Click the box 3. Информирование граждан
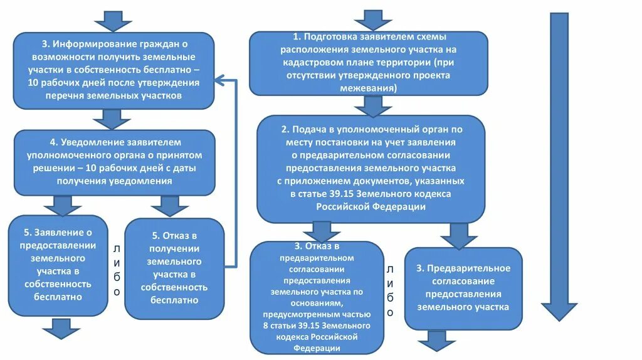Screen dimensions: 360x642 click(x=113, y=70)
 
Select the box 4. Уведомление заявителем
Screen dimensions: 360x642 click(x=114, y=162)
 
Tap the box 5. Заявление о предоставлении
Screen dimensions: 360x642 click(x=58, y=266)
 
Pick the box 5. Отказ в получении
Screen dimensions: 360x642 click(x=174, y=268)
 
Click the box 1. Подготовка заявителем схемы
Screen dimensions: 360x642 click(x=368, y=63)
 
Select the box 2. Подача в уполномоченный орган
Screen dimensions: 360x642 click(x=371, y=168)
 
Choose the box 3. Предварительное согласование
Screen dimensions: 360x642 click(x=463, y=288)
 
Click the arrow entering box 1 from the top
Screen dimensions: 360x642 click(x=373, y=19)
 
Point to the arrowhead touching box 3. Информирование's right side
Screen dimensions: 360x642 click(x=219, y=80)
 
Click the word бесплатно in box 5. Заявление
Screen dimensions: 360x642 click(x=58, y=297)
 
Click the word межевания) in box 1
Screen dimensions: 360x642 click(x=368, y=89)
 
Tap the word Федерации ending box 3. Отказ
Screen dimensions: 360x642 click(x=316, y=347)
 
